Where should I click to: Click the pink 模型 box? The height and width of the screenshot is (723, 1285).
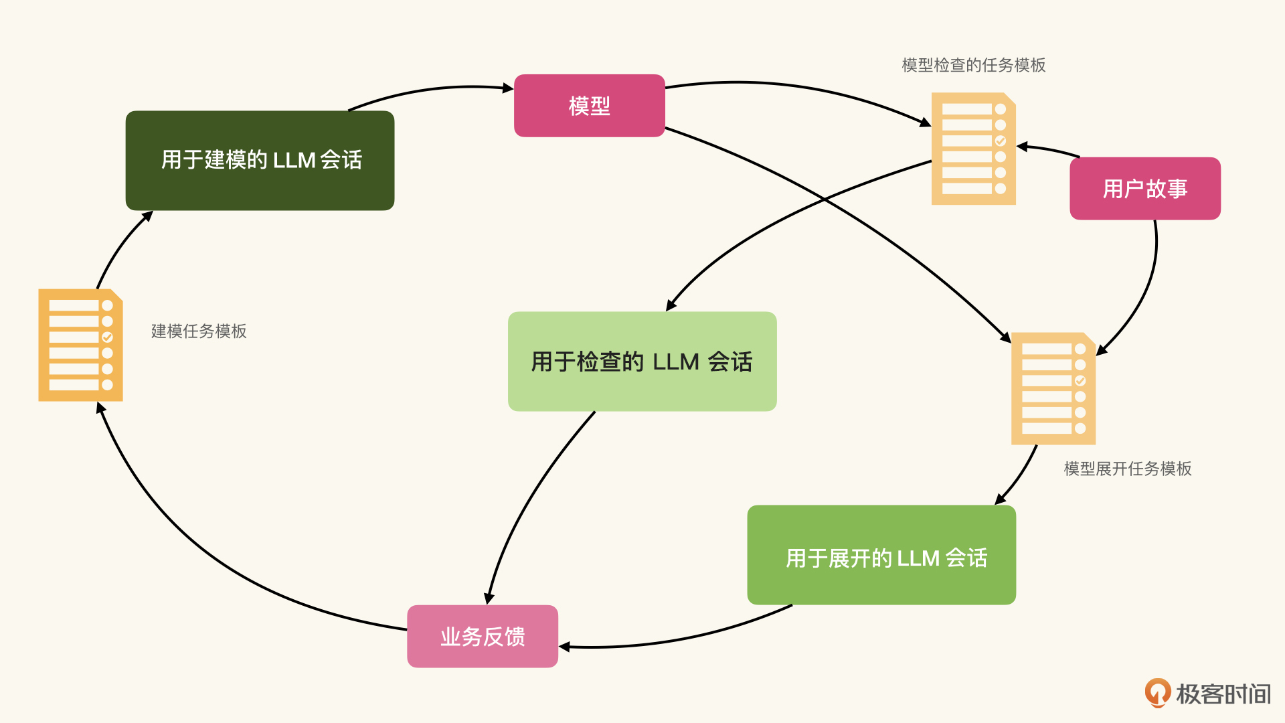[589, 106]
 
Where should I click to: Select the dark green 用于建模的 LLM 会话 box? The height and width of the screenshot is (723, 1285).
[260, 161]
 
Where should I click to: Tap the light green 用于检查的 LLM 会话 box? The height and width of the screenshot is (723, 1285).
[642, 361]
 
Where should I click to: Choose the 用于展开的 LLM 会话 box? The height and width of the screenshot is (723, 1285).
[881, 555]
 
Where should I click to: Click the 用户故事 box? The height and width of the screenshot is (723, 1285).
[1145, 189]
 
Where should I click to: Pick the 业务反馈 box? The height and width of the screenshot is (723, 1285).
[483, 636]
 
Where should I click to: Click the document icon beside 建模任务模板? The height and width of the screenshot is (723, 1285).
[81, 345]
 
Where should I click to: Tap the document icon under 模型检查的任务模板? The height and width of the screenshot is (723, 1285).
[974, 149]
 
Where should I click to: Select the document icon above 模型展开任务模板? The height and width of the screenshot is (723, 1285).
[1053, 388]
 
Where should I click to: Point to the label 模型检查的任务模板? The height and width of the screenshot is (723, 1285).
[974, 65]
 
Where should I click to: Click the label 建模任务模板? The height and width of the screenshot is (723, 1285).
[199, 331]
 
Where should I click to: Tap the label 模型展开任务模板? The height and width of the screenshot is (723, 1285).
[1128, 469]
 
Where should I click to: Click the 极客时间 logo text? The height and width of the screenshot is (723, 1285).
[1223, 694]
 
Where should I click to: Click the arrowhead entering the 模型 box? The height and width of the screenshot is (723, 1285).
[508, 88]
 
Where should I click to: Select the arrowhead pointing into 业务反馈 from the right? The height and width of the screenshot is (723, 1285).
[564, 647]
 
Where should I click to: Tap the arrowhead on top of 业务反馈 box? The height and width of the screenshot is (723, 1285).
[489, 598]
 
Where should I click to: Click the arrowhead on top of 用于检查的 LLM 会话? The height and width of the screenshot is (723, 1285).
[671, 306]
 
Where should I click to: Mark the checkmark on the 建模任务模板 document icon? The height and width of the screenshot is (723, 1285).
[107, 337]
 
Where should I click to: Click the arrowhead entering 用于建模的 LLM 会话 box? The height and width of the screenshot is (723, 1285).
[148, 216]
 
